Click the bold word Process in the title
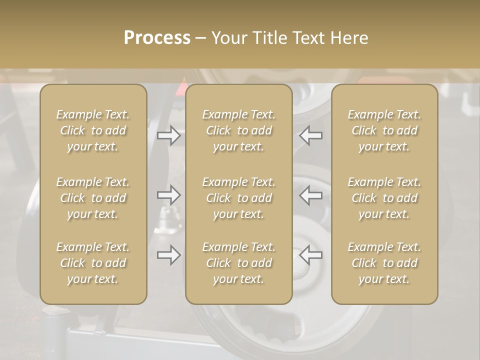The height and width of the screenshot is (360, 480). [x=157, y=37]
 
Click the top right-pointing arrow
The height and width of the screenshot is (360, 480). [x=168, y=135]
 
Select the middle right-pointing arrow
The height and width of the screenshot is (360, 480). [x=168, y=195]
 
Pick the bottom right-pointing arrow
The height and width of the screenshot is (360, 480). [x=168, y=255]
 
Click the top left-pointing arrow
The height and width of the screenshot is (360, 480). [x=311, y=135]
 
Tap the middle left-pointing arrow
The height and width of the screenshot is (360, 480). [x=311, y=195]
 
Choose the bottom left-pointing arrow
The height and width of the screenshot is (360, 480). [x=311, y=255]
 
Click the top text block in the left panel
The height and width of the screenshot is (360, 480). [x=93, y=130]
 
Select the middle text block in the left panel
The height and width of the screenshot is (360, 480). [x=93, y=198]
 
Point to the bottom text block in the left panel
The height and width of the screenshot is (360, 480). [x=93, y=263]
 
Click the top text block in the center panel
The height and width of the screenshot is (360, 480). [x=239, y=130]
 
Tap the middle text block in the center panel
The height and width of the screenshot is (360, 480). [x=239, y=198]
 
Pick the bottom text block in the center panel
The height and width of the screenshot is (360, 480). [x=239, y=263]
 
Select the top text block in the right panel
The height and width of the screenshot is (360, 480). [x=384, y=130]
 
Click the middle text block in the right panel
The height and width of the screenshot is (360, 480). [x=384, y=198]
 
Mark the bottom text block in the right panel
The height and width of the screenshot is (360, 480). [x=384, y=263]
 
